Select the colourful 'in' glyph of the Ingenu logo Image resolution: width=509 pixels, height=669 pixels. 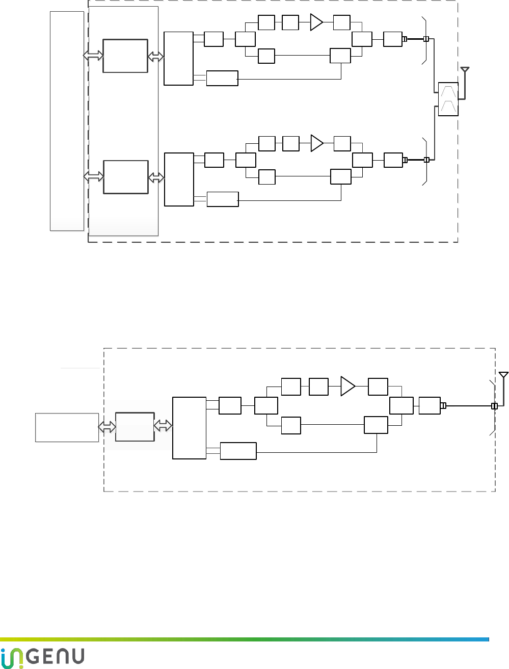click(x=11, y=657)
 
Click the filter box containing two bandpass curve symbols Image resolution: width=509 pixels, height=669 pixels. click(x=448, y=99)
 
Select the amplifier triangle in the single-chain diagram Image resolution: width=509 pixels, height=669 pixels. click(x=347, y=387)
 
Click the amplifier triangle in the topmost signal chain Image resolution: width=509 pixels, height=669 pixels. click(x=316, y=22)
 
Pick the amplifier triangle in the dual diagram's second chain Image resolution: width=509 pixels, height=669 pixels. click(x=317, y=143)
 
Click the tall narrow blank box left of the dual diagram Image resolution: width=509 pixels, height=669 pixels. click(x=67, y=121)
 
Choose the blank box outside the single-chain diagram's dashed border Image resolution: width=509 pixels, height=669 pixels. click(x=67, y=427)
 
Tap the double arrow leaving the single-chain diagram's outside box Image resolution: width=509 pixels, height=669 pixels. click(x=107, y=427)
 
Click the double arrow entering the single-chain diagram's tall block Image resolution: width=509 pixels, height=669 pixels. click(x=163, y=426)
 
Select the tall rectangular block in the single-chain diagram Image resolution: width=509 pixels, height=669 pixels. click(x=189, y=428)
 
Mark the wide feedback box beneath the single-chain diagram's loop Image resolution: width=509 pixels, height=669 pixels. click(x=238, y=451)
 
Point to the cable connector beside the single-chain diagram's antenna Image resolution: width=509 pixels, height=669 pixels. click(x=494, y=406)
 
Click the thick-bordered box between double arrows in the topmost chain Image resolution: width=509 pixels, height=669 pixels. click(x=125, y=56)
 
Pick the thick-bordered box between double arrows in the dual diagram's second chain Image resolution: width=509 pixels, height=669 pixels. click(x=126, y=177)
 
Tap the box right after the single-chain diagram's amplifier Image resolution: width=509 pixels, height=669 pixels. click(x=378, y=387)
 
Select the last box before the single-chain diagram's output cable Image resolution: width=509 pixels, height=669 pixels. click(x=430, y=405)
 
